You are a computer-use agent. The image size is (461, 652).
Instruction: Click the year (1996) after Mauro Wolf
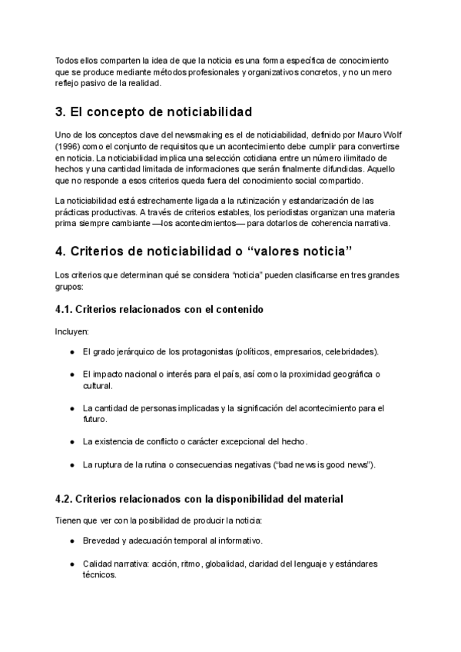tap(70, 146)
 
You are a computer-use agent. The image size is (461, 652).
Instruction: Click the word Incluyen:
tap(72, 331)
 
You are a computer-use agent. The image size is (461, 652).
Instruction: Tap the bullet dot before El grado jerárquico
tap(72, 352)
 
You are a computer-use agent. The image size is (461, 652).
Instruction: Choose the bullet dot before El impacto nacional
tap(72, 374)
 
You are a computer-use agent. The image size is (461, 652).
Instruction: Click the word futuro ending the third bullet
tap(95, 420)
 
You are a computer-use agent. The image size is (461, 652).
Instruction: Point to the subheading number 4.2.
tap(65, 499)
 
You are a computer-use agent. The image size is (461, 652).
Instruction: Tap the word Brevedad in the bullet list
tap(101, 541)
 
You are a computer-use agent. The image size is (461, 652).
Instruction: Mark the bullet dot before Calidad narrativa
tap(72, 564)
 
